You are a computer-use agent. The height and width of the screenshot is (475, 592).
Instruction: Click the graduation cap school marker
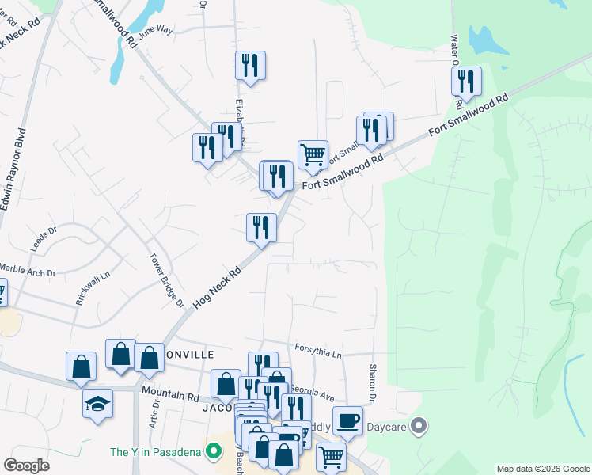pyautogui.click(x=98, y=405)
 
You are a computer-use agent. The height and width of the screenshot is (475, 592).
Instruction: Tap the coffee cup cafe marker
pyautogui.click(x=347, y=420)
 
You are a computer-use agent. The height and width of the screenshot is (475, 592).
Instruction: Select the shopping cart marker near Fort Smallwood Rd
pyautogui.click(x=313, y=155)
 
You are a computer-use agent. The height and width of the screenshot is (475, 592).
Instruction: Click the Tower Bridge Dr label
pyautogui.click(x=167, y=280)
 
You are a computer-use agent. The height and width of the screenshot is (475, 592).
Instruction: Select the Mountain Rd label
pyautogui.click(x=168, y=391)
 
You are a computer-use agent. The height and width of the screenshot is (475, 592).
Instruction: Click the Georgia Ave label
pyautogui.click(x=313, y=390)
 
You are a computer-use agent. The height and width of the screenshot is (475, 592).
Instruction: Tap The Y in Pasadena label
pyautogui.click(x=157, y=453)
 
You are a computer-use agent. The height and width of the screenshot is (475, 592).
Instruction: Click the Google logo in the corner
pyautogui.click(x=26, y=465)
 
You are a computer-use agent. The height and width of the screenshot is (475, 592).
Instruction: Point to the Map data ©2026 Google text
pyautogui.click(x=543, y=469)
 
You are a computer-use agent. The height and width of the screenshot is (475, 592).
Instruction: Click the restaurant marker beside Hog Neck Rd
pyautogui.click(x=260, y=228)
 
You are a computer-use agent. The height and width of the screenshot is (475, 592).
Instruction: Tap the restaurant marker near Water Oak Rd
pyautogui.click(x=466, y=81)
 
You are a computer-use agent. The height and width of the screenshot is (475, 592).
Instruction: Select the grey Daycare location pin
pyautogui.click(x=420, y=427)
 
